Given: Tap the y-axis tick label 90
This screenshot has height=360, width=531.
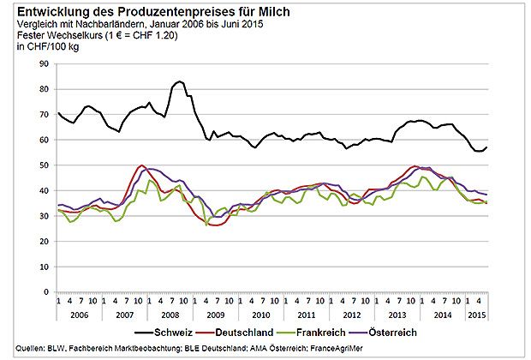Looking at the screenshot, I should coord(45,63).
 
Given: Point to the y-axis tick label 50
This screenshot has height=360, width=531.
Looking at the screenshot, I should coord(45,165).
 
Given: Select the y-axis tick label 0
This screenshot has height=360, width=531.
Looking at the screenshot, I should coord(47,291).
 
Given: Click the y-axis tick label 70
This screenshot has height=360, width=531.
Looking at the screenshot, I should coord(45,114).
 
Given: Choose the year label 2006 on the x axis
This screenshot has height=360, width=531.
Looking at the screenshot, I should coord(79,314).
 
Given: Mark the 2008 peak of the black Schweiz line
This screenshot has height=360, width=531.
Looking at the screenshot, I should coord(180,81).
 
